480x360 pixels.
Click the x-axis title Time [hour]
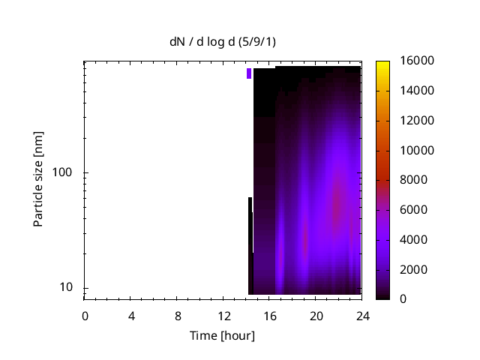point(221,335)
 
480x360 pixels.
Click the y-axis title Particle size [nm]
point(38,179)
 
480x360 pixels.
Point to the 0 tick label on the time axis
point(85,315)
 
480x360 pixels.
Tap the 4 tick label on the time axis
point(131,315)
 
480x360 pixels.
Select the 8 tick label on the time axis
point(178,315)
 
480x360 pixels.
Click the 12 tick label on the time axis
point(223,315)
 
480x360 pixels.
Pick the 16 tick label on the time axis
point(270,315)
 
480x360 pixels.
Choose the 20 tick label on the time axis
point(316,315)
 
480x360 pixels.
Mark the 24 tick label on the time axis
point(362,315)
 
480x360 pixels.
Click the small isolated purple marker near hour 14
point(249,73)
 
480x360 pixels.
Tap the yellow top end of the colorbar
point(382,63)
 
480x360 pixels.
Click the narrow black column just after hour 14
point(250,247)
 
